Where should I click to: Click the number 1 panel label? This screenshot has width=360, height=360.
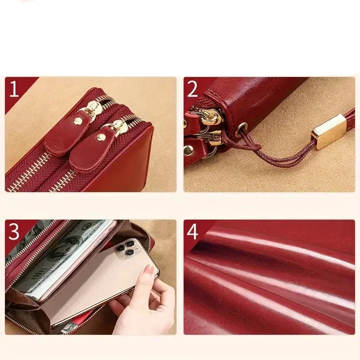click(x=14, y=89)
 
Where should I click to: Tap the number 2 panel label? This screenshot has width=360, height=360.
click(x=192, y=89)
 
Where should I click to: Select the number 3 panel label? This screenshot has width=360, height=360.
click(x=14, y=231)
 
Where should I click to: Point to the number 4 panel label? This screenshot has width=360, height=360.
click(x=193, y=231)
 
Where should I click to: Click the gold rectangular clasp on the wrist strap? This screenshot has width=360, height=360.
click(x=329, y=131)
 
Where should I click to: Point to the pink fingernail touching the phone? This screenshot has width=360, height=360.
click(x=149, y=269)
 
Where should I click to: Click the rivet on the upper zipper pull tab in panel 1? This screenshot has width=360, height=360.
click(x=77, y=121)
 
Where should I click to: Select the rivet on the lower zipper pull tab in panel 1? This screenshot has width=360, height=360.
click(x=101, y=137)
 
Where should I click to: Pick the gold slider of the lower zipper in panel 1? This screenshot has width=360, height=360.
click(x=119, y=127)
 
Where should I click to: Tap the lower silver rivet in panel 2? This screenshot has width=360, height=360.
click(x=188, y=150)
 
